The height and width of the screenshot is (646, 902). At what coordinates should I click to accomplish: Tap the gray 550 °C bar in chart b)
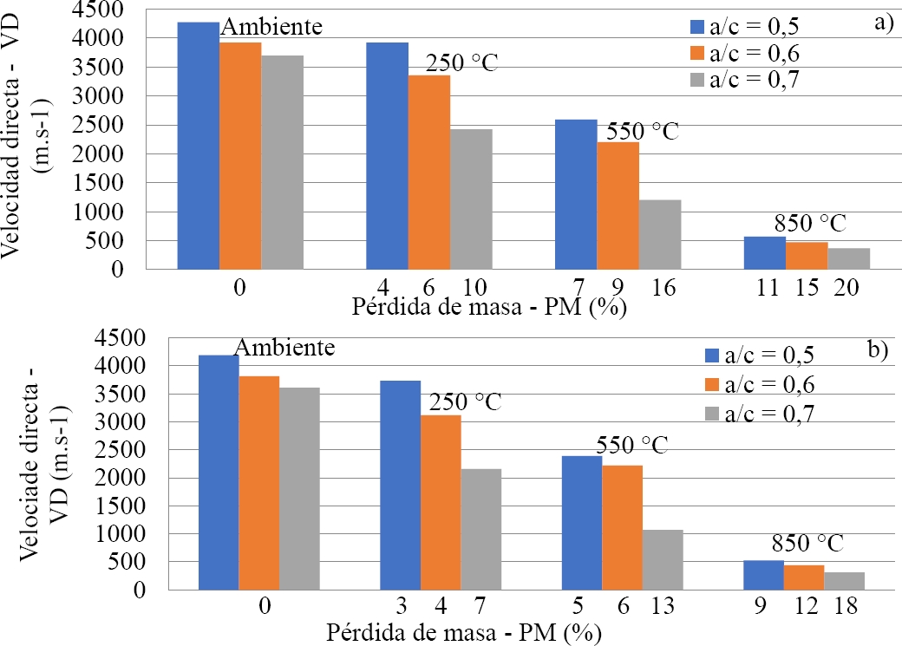663,559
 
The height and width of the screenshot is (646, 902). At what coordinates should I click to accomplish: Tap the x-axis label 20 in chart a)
847,289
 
